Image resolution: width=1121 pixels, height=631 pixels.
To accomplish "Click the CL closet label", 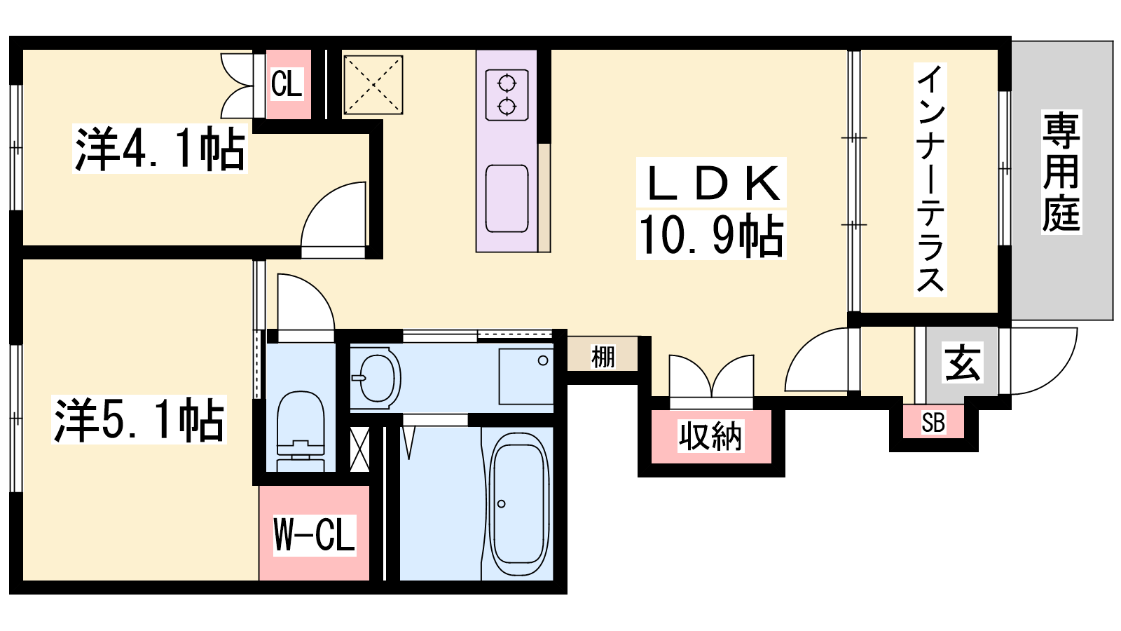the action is coord(287,83).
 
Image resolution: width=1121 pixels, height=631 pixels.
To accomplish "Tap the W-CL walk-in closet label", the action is coord(315,534).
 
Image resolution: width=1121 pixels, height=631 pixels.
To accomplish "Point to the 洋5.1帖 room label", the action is coord(139,419).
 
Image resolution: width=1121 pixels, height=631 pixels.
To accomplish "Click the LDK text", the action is coord(711,183).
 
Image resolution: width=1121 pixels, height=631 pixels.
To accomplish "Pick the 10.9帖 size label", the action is coord(711,236).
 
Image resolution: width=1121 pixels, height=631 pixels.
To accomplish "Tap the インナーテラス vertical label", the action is coord(930,179).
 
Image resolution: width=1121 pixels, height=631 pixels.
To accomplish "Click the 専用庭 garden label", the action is coord(1061,172).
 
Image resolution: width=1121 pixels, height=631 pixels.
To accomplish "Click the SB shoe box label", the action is coord(933,422).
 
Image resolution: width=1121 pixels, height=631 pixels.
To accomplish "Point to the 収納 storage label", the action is coord(710,435).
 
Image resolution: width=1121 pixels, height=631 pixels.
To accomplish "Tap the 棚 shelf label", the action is coord(603,357).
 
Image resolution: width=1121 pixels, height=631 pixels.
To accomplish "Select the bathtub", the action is coord(518,504).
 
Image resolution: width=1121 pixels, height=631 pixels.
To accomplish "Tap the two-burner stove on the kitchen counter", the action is coord(507,95).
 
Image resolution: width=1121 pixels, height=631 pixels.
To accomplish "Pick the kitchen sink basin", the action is coord(507,198).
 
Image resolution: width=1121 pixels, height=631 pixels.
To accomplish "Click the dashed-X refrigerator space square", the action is coord(373,85).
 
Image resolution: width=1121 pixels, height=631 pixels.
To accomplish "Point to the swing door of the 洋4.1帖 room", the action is coord(333,219).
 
